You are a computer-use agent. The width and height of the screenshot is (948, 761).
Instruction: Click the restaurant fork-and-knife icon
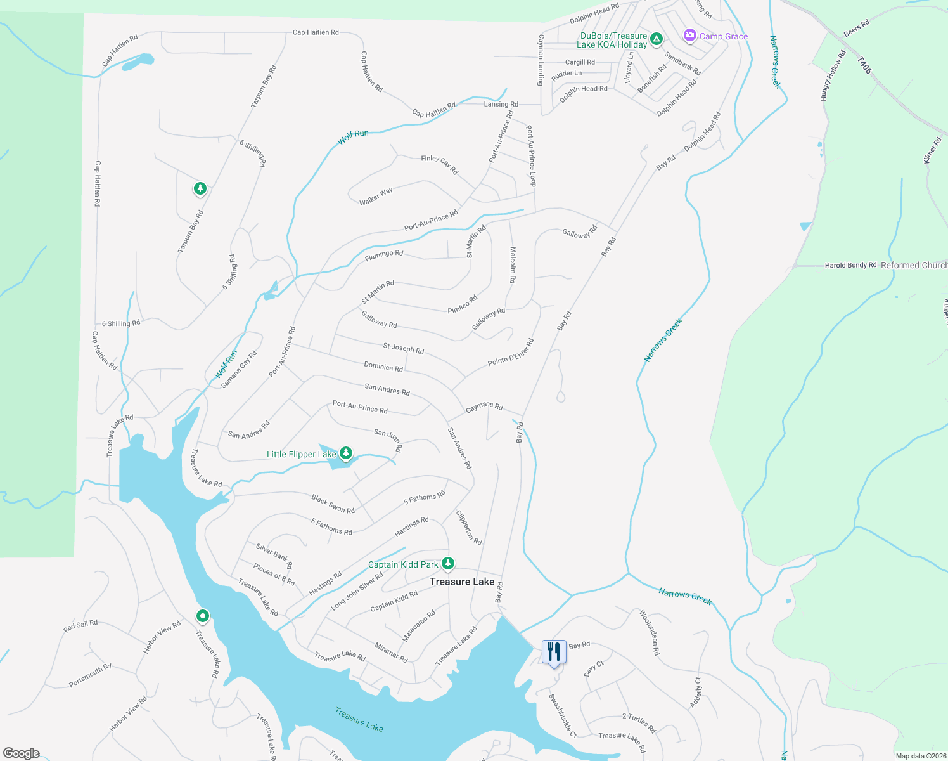point(554,651)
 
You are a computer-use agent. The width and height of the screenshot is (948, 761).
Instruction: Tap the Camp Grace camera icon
point(689,36)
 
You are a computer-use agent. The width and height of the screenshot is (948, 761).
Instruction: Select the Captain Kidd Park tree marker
point(448,563)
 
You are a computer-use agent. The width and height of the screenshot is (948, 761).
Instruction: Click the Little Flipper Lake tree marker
point(345,453)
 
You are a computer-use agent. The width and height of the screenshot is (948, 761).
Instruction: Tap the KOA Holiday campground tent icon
point(657,39)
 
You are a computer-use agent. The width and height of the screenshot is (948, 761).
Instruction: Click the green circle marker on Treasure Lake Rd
point(202,616)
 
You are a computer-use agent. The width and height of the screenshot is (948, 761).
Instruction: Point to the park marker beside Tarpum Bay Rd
point(200,188)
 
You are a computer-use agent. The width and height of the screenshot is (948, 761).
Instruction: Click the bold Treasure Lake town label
point(462,582)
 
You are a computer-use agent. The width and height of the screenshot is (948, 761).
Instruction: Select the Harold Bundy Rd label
point(850,265)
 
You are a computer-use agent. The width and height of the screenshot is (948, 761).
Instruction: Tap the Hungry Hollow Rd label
point(833,75)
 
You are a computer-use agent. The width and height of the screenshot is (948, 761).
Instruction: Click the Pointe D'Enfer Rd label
point(511,353)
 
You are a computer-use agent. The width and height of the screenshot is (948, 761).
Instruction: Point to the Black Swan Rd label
point(333,504)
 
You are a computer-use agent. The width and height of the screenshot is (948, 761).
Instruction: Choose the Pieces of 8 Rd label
point(274,575)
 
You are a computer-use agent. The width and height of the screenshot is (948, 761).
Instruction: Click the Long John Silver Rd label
point(357,592)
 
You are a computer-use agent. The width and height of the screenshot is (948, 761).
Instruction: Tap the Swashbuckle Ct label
point(563,715)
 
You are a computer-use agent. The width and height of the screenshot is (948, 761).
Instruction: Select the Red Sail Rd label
point(80,626)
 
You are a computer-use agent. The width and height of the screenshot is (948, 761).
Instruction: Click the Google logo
point(22,753)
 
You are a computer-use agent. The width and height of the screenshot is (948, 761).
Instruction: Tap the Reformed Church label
point(914,265)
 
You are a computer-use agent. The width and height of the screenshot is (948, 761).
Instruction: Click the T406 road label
point(864,65)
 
